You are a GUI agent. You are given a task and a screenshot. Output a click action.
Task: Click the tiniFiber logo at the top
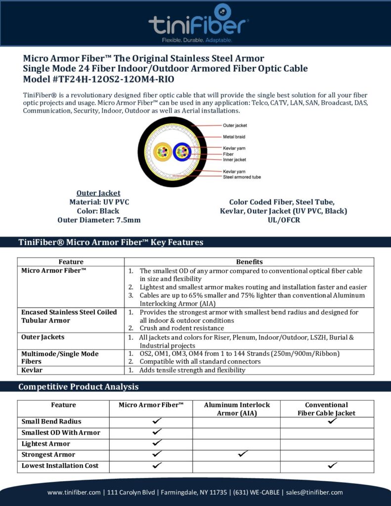click(x=199, y=23)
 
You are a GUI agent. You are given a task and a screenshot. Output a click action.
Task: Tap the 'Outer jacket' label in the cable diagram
click(x=235, y=126)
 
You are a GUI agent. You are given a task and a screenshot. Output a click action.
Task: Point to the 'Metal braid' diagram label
click(x=234, y=137)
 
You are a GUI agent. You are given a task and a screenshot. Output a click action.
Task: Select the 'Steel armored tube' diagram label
click(x=242, y=177)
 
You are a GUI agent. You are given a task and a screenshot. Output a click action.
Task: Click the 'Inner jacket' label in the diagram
click(x=234, y=160)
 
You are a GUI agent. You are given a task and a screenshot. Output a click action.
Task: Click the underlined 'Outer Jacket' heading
click(x=98, y=193)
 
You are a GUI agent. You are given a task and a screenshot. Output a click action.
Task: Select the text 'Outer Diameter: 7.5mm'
click(x=99, y=220)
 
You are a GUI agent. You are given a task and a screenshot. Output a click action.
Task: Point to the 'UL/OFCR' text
click(x=283, y=220)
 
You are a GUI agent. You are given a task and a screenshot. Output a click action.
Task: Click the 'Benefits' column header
click(x=249, y=262)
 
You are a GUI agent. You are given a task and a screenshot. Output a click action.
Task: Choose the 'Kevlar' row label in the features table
click(x=32, y=370)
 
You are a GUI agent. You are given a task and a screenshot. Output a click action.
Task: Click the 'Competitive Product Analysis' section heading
click(x=78, y=386)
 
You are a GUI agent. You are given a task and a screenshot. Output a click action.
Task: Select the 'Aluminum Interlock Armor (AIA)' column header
click(x=236, y=409)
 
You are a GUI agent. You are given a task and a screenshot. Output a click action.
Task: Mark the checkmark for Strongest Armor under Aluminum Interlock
click(x=242, y=453)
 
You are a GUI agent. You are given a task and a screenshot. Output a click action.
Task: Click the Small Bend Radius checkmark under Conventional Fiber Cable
click(x=332, y=421)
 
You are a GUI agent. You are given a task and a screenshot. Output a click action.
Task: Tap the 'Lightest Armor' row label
click(x=46, y=444)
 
